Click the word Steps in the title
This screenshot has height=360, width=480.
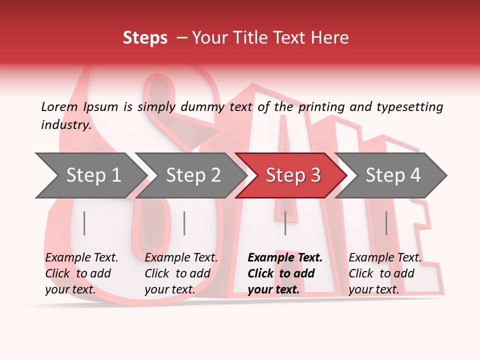tap(145, 38)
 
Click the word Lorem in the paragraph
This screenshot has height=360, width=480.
tap(59, 106)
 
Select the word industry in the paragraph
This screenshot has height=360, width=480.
tap(66, 124)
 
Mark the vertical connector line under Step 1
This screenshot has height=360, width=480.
tap(84, 223)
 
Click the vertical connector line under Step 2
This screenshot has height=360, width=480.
tap(184, 223)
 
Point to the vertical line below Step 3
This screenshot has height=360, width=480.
tap(285, 223)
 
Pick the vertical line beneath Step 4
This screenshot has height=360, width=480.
tap(386, 223)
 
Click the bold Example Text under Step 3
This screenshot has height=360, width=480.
tap(285, 258)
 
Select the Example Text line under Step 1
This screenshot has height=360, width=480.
tap(81, 258)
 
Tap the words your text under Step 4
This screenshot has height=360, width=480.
tap(373, 289)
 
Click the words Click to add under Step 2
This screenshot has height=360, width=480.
tap(177, 274)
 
